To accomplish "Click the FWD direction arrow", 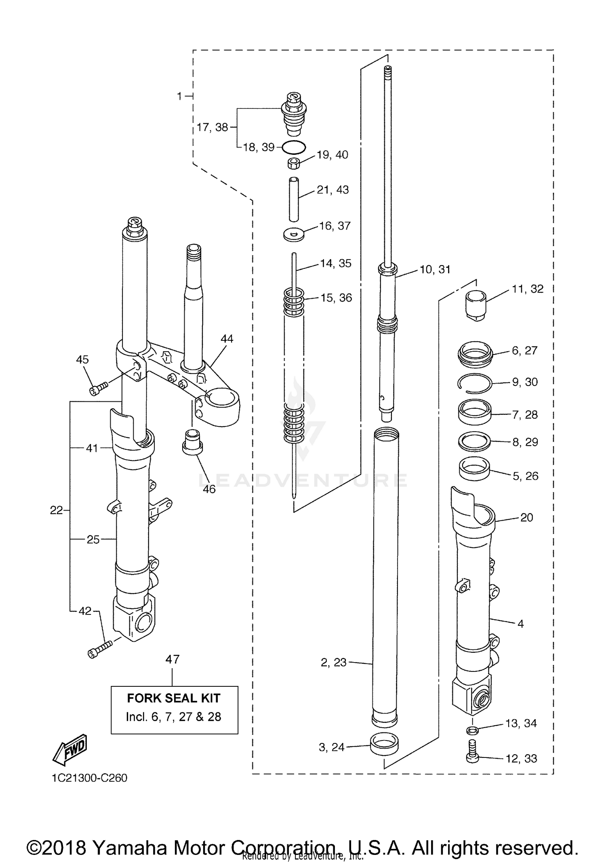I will coord(70,749).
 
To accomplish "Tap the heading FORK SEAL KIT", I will coord(174,698).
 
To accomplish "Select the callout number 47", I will coord(173,659).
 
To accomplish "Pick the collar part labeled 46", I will coord(193,443).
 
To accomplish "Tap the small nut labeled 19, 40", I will coord(294,164).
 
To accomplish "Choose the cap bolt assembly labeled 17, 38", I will coord(294,114).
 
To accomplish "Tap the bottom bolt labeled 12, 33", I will coord(472,751).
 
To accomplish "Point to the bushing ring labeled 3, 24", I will coord(384,745).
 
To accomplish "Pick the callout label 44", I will coord(227,339).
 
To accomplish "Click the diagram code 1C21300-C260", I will coord(89,778).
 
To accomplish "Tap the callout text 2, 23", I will coord(334,662).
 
